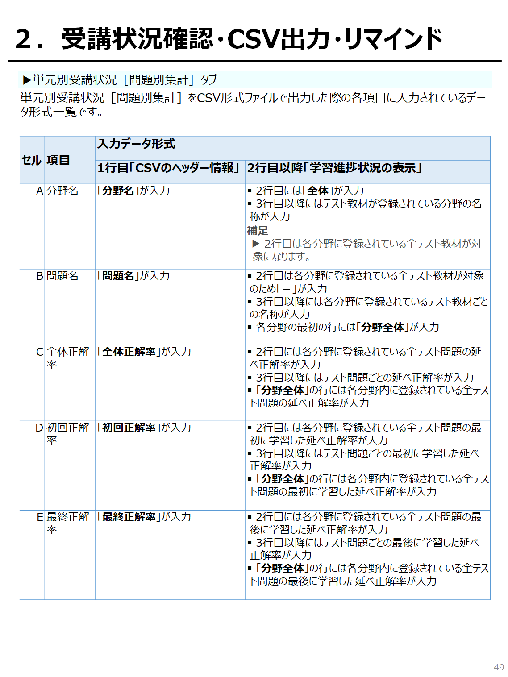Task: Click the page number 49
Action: click(499, 667)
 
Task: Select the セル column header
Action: click(31, 160)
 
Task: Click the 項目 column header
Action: click(58, 160)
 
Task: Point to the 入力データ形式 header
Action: click(136, 144)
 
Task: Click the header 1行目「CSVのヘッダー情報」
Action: click(169, 168)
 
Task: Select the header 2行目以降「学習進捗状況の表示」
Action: click(335, 168)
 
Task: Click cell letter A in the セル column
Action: click(39, 191)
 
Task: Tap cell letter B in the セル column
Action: click(39, 276)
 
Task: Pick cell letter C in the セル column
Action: click(39, 352)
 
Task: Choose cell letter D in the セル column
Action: click(39, 428)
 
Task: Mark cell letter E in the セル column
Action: click(40, 517)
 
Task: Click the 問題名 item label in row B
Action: click(62, 276)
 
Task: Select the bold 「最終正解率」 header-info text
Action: click(129, 517)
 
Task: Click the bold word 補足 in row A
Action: click(258, 231)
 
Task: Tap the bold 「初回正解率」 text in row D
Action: click(129, 428)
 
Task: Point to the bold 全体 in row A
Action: click(318, 191)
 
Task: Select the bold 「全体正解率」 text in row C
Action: click(129, 352)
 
